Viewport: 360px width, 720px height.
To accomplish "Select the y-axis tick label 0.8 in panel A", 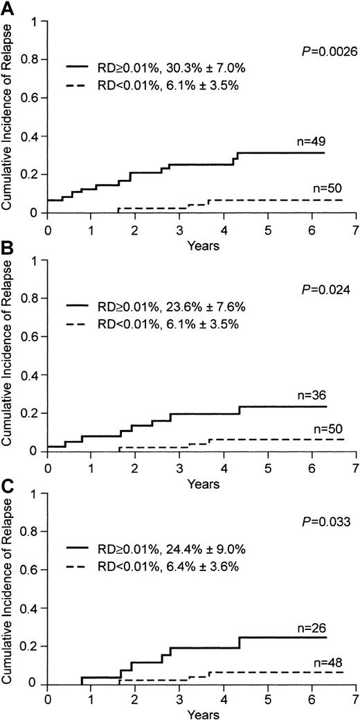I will [x=32, y=61].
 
